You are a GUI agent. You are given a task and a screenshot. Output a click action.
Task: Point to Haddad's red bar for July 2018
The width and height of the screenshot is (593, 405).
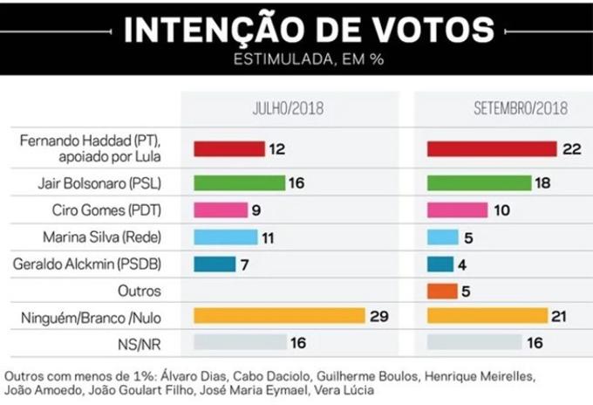(228, 148)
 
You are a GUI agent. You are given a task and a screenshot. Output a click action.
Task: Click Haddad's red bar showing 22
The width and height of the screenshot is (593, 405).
(491, 148)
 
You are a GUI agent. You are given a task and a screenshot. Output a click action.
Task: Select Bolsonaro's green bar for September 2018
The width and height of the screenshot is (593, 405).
(479, 183)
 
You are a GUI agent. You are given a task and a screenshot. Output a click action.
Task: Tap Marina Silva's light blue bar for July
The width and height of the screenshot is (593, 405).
(225, 237)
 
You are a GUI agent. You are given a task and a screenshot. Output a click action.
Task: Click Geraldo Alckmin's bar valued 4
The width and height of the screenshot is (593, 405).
(440, 263)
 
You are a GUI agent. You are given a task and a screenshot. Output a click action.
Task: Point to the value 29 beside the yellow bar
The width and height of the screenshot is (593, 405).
(378, 315)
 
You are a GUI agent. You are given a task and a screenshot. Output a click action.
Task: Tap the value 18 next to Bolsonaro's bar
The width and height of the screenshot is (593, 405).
(545, 183)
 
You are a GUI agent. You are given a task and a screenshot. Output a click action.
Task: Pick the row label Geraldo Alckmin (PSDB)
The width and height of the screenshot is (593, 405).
(105, 263)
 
